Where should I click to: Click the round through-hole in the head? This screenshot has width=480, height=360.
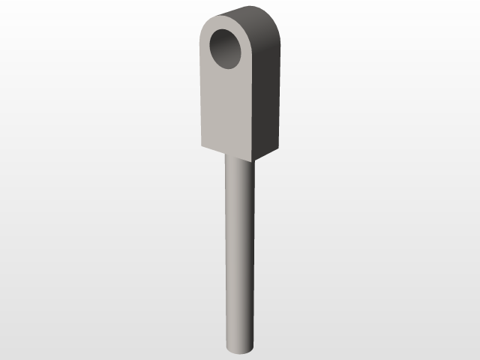[227, 49]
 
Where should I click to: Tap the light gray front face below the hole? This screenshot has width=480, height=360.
[227, 109]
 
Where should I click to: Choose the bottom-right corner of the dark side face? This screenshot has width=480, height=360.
[280, 142]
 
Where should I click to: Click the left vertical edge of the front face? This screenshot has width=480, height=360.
[201, 90]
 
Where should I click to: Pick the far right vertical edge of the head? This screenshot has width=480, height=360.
[280, 90]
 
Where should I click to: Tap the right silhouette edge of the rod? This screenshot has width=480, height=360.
[254, 247]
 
